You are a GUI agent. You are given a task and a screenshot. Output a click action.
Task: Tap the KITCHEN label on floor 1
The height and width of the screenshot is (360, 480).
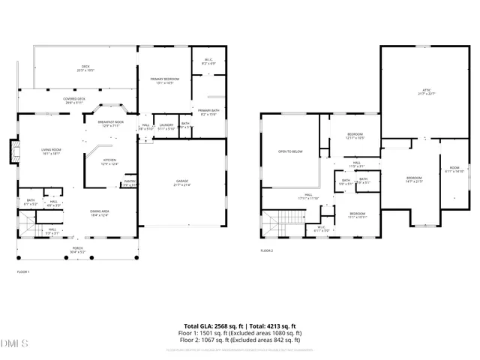point(109,162)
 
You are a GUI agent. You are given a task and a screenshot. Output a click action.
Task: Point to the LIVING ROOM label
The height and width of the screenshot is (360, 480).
point(51,151)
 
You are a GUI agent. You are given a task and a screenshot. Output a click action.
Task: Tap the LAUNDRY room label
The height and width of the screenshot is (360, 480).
point(166,126)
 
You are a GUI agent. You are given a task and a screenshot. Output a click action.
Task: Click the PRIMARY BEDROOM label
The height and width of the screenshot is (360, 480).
point(163,81)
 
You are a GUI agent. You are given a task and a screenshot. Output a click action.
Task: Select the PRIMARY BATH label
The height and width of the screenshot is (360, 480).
point(208,112)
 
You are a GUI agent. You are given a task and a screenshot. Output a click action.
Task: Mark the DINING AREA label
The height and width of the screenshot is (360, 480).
point(99,214)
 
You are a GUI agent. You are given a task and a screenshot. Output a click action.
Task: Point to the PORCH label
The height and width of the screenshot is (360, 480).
point(77,250)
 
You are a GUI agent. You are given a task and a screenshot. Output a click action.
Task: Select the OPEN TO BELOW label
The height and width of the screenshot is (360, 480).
point(290,151)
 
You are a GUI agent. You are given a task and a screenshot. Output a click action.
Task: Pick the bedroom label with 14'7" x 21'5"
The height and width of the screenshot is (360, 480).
point(415,180)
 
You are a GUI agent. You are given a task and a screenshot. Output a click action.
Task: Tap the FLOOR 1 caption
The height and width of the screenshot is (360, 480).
point(22,271)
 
